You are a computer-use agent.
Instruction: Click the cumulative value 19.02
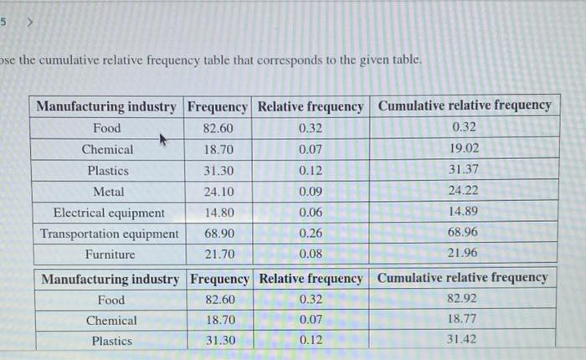(x=464, y=148)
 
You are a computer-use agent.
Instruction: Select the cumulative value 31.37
(x=464, y=169)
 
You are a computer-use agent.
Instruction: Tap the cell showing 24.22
(x=464, y=190)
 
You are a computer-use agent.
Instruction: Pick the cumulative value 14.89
(x=464, y=211)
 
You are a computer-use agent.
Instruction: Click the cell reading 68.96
(x=464, y=232)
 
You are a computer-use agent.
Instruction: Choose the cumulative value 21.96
(x=464, y=253)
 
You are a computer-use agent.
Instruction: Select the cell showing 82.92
(x=463, y=298)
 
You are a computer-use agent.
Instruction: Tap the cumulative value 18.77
(x=463, y=319)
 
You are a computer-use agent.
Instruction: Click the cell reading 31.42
(x=463, y=340)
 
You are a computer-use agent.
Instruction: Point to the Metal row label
(x=108, y=191)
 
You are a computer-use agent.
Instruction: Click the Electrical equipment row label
(x=109, y=213)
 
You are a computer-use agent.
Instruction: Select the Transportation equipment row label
(x=109, y=234)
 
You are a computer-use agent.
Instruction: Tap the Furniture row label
(x=109, y=255)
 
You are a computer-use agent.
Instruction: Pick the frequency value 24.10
(x=218, y=191)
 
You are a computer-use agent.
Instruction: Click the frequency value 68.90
(x=218, y=234)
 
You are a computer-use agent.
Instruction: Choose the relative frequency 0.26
(x=310, y=234)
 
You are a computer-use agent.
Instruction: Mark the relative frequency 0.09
(x=310, y=191)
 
